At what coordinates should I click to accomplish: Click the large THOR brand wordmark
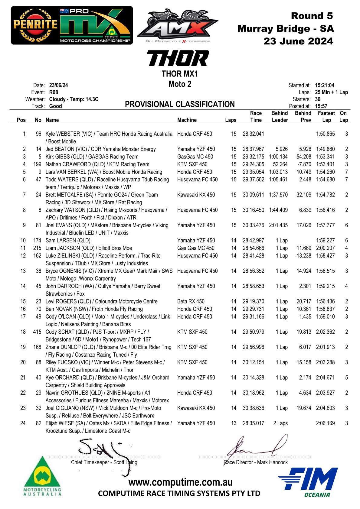coord(178,58)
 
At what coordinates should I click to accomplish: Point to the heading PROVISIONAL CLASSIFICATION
coord(180,104)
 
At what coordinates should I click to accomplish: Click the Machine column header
coord(187,120)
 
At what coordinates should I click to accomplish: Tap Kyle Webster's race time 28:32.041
coord(253,134)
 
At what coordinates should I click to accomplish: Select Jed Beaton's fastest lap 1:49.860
coord(325,149)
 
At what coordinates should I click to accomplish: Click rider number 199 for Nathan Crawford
coord(37,164)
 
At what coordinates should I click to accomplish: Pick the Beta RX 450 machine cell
coord(191,301)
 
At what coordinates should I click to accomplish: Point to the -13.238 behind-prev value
coord(303,256)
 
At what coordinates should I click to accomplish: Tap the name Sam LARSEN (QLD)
coord(68,240)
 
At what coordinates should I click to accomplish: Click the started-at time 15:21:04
coord(324,85)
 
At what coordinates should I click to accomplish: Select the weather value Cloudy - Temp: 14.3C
coord(74,99)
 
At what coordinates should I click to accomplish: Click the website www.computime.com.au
coord(180,482)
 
